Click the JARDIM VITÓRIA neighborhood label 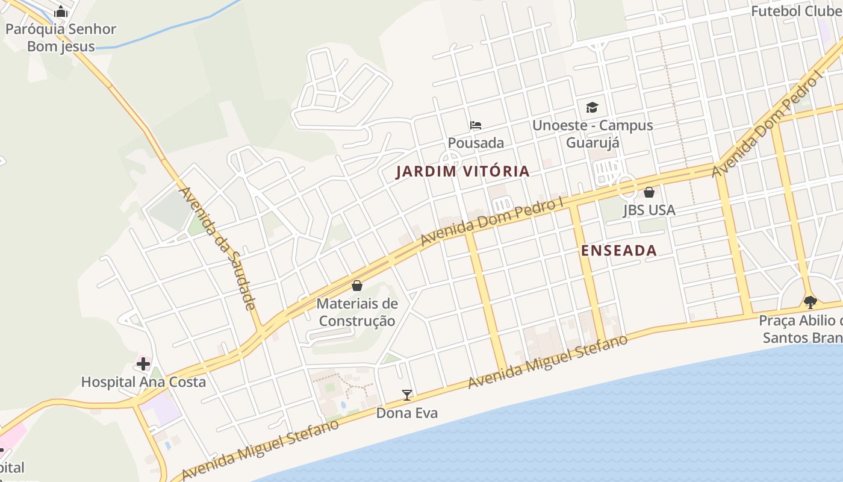[462, 172]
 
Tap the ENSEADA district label [618, 251]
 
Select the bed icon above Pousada [476, 125]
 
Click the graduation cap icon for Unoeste [593, 107]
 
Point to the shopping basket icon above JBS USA [649, 192]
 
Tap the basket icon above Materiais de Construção [357, 285]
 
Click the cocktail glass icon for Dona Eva [407, 395]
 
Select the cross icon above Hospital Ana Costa [143, 363]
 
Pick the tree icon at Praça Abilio [810, 302]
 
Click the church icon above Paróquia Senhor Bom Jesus [61, 11]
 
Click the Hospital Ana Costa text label [143, 382]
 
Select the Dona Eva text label [407, 413]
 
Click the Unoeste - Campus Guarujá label [593, 134]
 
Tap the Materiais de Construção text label [357, 312]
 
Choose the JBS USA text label [649, 210]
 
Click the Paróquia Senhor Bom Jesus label [61, 37]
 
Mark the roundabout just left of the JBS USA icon [627, 186]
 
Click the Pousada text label [476, 143]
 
